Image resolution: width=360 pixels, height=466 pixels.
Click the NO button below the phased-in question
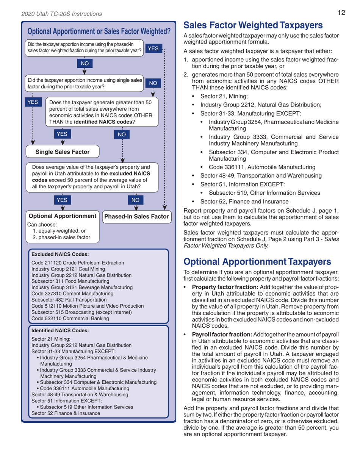tap(84, 65)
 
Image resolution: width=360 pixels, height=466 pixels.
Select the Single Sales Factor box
tap(63, 152)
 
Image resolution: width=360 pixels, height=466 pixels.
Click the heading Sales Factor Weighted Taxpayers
tap(253, 25)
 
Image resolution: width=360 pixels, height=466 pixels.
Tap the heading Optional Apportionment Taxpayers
tap(257, 262)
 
